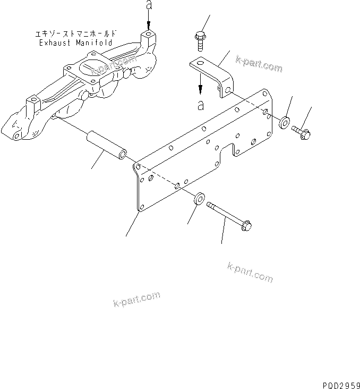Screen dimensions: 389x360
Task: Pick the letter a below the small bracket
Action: [200, 105]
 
